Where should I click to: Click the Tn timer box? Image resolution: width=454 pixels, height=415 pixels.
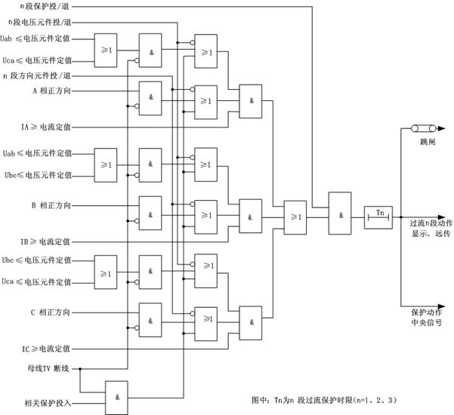(x=378, y=216)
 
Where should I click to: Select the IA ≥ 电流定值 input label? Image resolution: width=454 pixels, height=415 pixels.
(x=46, y=127)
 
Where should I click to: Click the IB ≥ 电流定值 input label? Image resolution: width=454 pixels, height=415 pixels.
(x=46, y=241)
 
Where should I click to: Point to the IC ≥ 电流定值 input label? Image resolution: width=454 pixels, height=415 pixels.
(x=46, y=349)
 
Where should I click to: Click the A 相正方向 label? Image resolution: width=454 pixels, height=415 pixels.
(x=51, y=91)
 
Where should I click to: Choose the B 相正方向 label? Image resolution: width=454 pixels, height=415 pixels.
(x=51, y=205)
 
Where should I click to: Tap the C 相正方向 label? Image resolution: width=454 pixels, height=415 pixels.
(x=51, y=312)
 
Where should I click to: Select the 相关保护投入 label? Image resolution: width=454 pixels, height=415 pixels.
(x=48, y=404)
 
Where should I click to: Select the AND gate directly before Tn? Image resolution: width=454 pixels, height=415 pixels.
(x=341, y=216)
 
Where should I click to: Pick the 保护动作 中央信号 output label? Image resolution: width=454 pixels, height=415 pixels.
(x=426, y=316)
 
